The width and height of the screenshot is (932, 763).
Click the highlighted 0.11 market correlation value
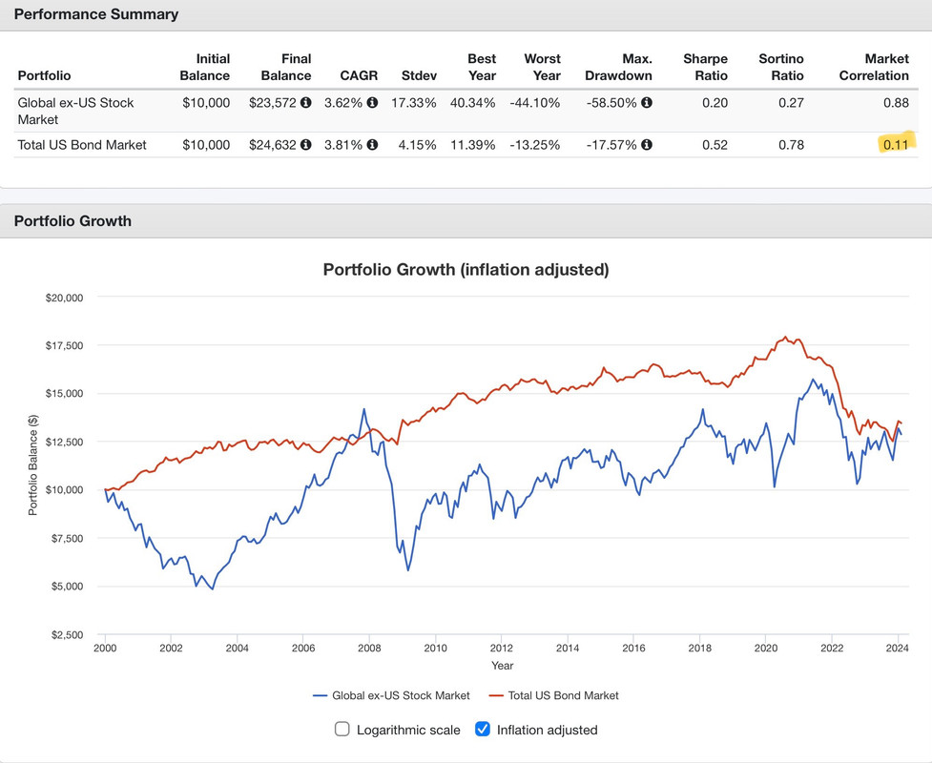tap(895, 144)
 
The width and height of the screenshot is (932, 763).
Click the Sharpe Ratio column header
tap(706, 67)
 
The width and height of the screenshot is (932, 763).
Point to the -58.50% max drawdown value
tap(611, 102)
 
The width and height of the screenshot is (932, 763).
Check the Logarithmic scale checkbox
tap(342, 730)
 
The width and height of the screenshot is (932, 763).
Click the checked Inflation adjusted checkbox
tap(483, 730)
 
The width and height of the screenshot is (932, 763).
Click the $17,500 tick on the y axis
tap(65, 345)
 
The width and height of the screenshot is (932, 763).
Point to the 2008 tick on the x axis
tap(369, 649)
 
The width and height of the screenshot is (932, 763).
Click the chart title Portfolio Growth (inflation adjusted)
tap(466, 269)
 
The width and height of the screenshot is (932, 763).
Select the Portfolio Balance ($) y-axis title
tap(32, 465)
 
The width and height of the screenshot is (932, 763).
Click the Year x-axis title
tap(502, 666)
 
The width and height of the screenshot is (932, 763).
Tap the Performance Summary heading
tap(96, 14)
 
